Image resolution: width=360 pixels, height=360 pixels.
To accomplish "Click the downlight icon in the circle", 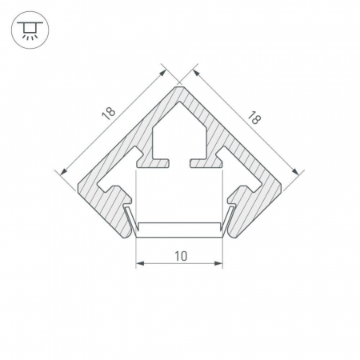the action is pos(30,30).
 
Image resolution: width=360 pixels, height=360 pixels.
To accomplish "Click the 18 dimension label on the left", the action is pos(109,114).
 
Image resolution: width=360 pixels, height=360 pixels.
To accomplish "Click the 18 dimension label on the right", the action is pos(254,118).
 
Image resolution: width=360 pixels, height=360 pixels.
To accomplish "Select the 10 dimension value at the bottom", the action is pos(181,256).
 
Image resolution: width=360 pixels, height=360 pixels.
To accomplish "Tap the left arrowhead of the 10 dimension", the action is pos(140,263).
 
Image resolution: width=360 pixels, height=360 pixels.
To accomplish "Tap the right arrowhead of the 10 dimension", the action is pos(218,263).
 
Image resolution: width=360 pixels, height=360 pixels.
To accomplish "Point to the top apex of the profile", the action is pos(179,86).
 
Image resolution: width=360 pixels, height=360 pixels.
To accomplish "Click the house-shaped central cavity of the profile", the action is pos(179,134).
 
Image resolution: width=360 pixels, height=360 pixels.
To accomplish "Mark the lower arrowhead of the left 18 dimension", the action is pos(63,172).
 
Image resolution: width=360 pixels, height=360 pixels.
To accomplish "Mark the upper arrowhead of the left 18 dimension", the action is pos(162,73).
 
